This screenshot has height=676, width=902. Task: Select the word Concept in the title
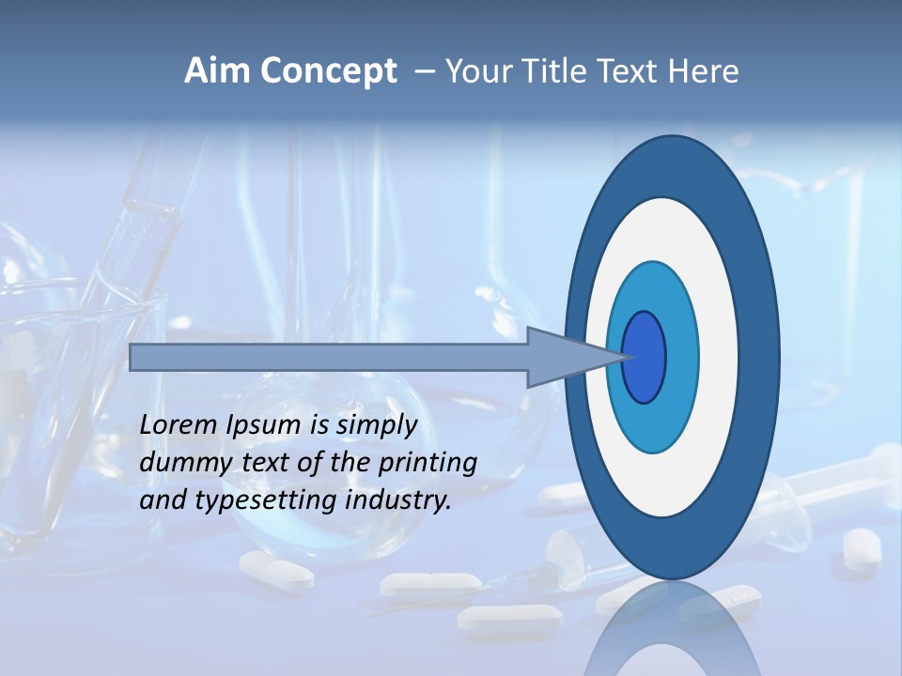[x=330, y=71]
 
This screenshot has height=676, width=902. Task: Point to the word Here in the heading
[x=704, y=71]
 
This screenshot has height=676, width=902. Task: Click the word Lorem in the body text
[x=179, y=425]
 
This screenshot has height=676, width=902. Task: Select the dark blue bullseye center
[x=645, y=358]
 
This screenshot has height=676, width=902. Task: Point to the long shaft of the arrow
[x=329, y=358]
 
